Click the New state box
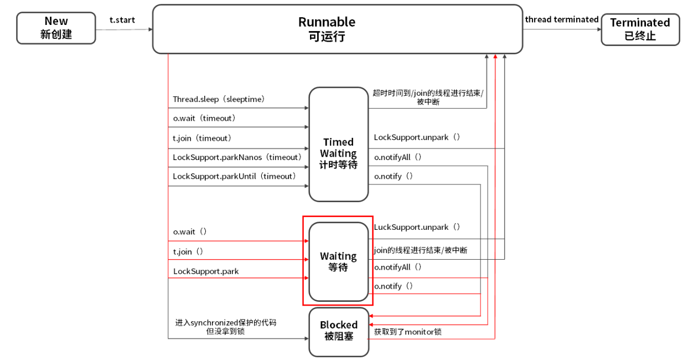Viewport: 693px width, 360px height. coord(56,28)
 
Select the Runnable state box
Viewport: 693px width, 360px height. coord(337,29)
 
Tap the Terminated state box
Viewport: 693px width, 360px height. coord(640,29)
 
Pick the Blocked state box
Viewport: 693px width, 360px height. coord(338,331)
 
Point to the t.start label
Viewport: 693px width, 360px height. coord(122,20)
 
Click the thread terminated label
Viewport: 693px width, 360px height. coord(561,19)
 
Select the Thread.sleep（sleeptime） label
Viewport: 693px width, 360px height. coord(219,100)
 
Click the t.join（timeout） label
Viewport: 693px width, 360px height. coord(201,138)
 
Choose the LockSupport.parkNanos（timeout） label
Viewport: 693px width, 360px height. coord(237,157)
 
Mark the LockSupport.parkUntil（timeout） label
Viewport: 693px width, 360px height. coord(234,176)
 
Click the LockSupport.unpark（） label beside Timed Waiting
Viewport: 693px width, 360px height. coord(417,137)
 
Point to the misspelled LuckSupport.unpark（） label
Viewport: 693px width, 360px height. coord(417,227)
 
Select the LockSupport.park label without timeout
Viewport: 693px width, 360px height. coord(206,271)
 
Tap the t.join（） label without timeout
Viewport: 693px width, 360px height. coord(188,251)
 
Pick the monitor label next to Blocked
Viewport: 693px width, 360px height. coord(407,332)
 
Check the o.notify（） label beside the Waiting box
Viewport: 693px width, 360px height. coord(394,286)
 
